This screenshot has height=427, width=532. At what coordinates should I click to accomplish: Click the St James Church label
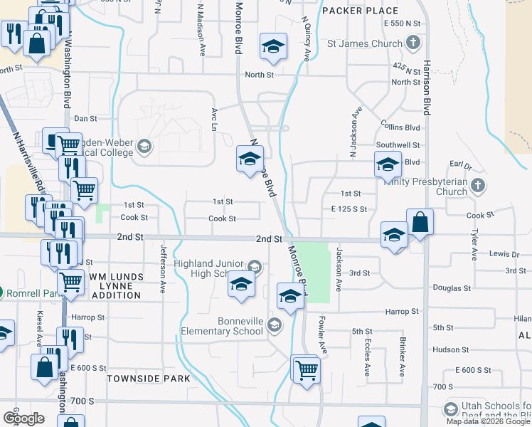tap(364, 43)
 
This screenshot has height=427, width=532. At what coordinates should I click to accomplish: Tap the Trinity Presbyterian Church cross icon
tap(478, 186)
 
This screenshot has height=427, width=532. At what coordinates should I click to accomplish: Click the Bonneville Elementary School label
tap(221, 326)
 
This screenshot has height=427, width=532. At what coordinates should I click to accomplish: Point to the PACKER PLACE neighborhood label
tap(360, 11)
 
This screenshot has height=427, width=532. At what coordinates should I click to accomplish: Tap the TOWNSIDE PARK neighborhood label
tap(149, 379)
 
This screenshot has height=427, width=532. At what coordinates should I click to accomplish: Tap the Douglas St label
tap(452, 288)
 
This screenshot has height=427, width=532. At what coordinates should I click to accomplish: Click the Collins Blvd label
tap(401, 127)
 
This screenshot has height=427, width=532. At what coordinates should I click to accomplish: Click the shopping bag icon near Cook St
tap(420, 221)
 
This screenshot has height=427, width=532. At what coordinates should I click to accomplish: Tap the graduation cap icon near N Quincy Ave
tap(273, 46)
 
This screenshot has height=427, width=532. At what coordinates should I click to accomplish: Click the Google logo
tap(23, 418)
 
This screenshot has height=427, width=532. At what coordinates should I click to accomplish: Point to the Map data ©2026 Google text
tap(488, 421)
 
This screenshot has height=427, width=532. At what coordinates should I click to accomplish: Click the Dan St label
tap(85, 118)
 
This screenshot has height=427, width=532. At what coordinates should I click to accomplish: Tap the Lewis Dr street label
tap(504, 254)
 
